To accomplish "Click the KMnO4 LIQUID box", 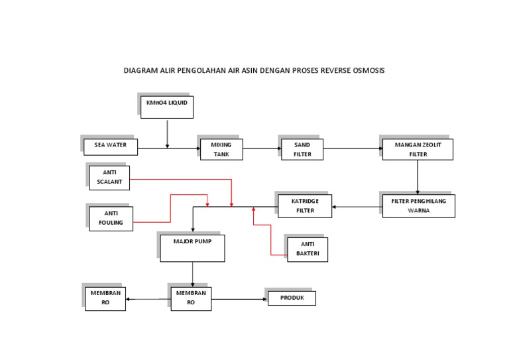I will pos(167,107).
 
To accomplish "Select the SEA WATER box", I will pos(111,147).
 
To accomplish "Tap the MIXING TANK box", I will pos(221,149).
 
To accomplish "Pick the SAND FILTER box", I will pos(302,149).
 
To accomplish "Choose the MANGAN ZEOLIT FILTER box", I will pos(418,149).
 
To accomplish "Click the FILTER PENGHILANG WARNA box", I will pos(419,206).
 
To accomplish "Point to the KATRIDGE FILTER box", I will pos(304,206).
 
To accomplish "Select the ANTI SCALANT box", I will pos(110,178).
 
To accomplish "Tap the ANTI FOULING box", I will pos(111,218).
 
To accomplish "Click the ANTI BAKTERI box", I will pos(308,249).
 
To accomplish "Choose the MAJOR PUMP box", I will pos(192,248).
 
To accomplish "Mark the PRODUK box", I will pos(292,298).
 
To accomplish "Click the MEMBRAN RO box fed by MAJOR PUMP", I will pos(191,298).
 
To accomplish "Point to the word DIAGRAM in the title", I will pos(140,70).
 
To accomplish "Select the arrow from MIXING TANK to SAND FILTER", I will pos(260,149).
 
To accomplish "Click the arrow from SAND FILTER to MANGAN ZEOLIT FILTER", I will pos(352,149).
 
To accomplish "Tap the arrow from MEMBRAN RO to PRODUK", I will pos(239,299).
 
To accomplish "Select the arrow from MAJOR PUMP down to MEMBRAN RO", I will pos(193,274).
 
